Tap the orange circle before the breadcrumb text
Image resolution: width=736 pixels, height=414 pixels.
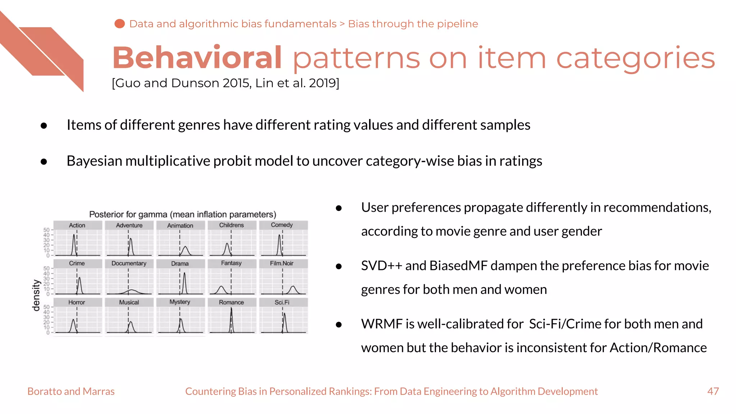[x=119, y=24]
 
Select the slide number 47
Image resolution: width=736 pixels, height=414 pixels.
[x=713, y=391]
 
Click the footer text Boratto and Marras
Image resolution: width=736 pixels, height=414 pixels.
[x=71, y=391]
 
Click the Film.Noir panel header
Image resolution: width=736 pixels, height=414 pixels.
[x=282, y=263]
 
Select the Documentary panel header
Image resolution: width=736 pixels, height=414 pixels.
[x=129, y=263]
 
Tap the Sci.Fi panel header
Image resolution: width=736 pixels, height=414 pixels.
[x=282, y=302]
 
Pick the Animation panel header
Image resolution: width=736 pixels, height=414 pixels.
[x=180, y=225]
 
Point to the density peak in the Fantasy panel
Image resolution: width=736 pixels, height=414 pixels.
[x=221, y=287]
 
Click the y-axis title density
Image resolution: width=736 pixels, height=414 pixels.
[x=36, y=295]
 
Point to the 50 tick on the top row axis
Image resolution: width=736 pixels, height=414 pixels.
[x=46, y=230]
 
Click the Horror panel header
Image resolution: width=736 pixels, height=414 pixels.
[x=77, y=302]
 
